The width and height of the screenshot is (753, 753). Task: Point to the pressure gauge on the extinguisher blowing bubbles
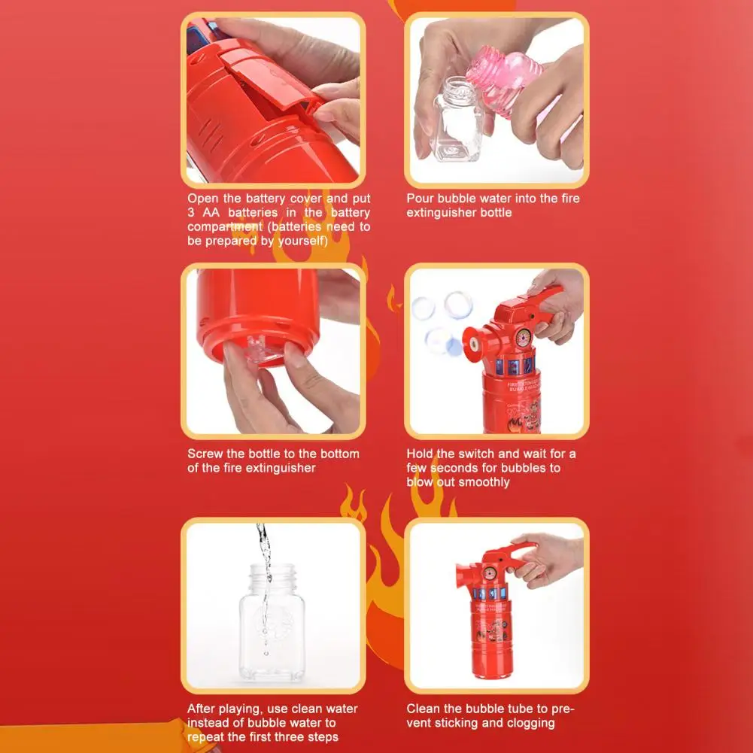click(519, 335)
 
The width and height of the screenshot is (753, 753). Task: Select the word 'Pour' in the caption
click(421, 199)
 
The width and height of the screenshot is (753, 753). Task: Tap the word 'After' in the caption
click(202, 709)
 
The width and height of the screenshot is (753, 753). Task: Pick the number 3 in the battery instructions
click(191, 213)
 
